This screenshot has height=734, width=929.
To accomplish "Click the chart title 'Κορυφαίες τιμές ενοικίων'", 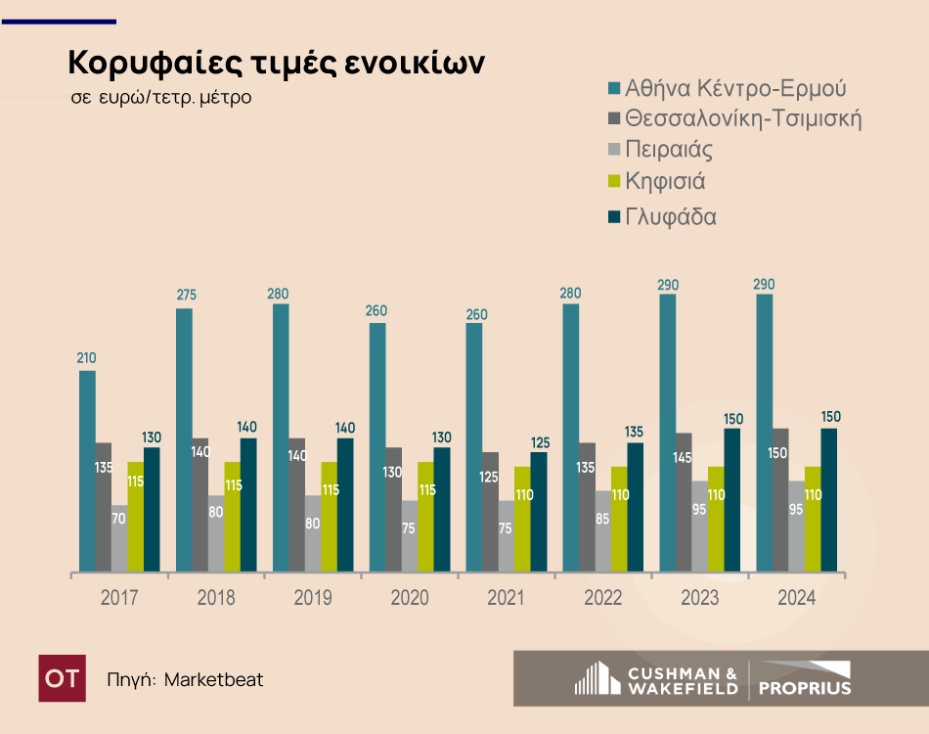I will pyautogui.click(x=277, y=63).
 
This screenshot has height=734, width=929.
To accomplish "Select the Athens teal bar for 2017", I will pyautogui.click(x=87, y=470).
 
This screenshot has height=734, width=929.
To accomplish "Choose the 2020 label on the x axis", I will pyautogui.click(x=409, y=598).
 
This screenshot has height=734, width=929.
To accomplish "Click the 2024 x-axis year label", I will pyautogui.click(x=796, y=598).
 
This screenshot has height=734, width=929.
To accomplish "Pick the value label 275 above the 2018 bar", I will pyautogui.click(x=184, y=294).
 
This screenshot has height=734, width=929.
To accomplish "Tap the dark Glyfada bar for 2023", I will pyautogui.click(x=732, y=499).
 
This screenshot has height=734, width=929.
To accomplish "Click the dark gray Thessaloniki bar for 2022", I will pyautogui.click(x=587, y=506).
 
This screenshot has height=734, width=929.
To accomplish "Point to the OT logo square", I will pyautogui.click(x=62, y=678).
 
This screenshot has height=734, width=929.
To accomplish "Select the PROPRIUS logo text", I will pyautogui.click(x=805, y=687).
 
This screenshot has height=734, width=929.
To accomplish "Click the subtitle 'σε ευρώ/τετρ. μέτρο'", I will pyautogui.click(x=161, y=98).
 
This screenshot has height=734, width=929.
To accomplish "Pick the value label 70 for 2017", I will pyautogui.click(x=119, y=520).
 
